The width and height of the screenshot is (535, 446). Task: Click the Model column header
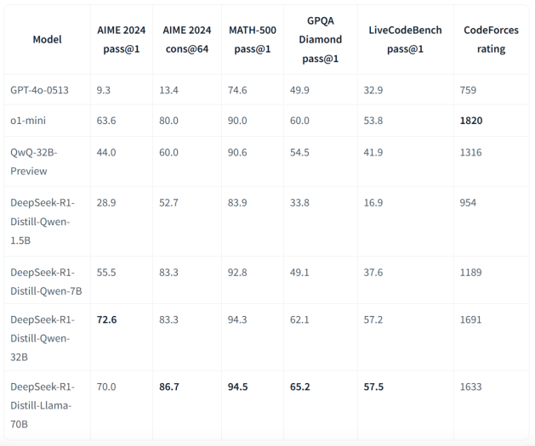click(x=47, y=39)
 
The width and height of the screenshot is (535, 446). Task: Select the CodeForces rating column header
click(x=491, y=39)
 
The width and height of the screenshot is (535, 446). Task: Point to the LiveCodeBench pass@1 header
click(x=405, y=39)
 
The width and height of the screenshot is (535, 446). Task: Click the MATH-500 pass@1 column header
click(x=252, y=39)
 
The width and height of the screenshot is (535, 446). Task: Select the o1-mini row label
click(x=28, y=121)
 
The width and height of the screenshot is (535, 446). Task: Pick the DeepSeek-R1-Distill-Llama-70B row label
click(x=42, y=405)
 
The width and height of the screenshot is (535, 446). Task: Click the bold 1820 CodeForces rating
click(x=471, y=121)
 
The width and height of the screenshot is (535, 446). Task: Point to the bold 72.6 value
click(x=107, y=319)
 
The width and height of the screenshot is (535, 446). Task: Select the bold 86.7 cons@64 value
click(x=169, y=387)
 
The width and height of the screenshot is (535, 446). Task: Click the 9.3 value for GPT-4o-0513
click(x=104, y=89)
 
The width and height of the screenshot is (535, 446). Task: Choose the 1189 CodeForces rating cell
click(x=470, y=272)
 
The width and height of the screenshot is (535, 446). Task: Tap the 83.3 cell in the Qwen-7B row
click(x=168, y=272)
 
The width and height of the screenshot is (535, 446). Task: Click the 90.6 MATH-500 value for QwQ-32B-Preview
click(x=238, y=152)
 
